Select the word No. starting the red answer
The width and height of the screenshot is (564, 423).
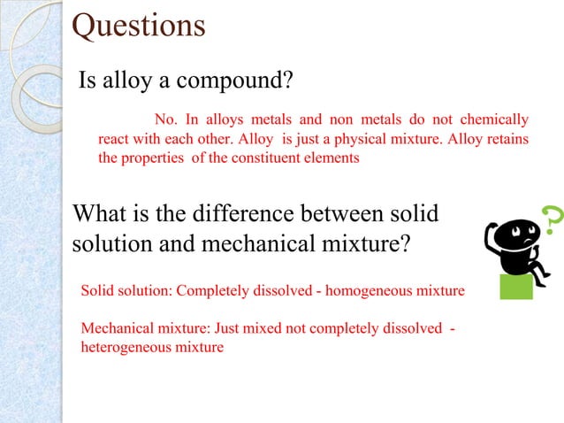pyautogui.click(x=165, y=119)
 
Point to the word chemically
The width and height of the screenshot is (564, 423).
pyautogui.click(x=498, y=119)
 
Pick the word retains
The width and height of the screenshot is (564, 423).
pyautogui.click(x=504, y=139)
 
